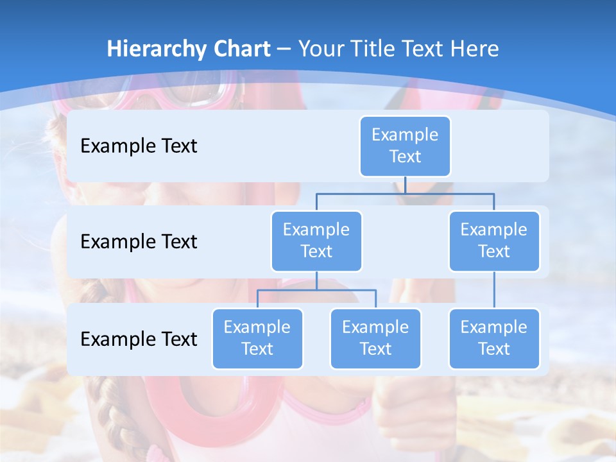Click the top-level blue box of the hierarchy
point(405,146)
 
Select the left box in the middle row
point(316,241)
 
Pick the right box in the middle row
point(494,241)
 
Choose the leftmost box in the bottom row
point(257,339)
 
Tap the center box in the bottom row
point(375,339)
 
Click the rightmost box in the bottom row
point(494,339)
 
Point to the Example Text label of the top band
point(139,146)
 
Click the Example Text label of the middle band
point(139,242)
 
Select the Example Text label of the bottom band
point(139,339)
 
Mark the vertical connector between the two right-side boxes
point(494,290)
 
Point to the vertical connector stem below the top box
point(405,185)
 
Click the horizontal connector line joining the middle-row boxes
point(405,193)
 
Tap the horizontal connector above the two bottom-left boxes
point(316,291)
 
